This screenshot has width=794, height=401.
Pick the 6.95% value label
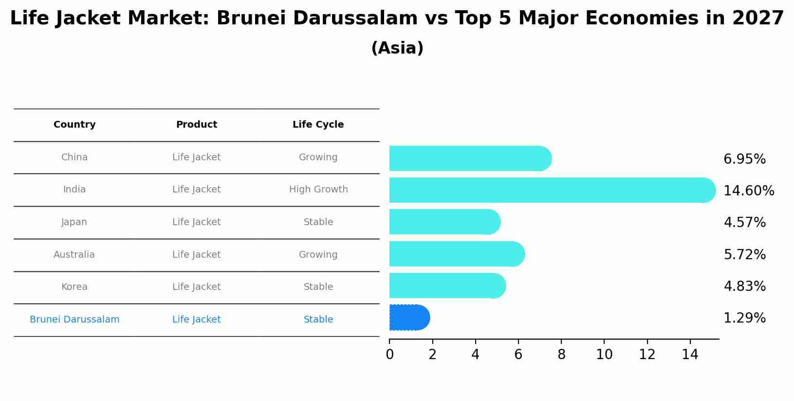click(744, 159)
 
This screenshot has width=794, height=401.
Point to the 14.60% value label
click(748, 191)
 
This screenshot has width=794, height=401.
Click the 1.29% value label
click(744, 318)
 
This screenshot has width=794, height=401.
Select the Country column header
click(74, 125)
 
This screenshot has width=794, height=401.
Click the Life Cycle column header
click(318, 125)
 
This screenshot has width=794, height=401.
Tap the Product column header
click(196, 125)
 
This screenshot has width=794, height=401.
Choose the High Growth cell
click(318, 190)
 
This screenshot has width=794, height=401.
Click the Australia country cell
click(74, 254)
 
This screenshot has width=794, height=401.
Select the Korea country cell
click(74, 287)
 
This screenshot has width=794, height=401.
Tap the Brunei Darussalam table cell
click(74, 320)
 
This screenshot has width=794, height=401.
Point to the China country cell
click(74, 157)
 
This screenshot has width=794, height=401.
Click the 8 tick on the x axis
click(561, 355)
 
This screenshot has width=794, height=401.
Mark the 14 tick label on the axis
click(690, 355)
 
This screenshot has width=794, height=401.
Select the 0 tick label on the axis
click(389, 355)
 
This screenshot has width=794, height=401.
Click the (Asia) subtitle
click(397, 48)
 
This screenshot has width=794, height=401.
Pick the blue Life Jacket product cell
click(196, 320)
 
